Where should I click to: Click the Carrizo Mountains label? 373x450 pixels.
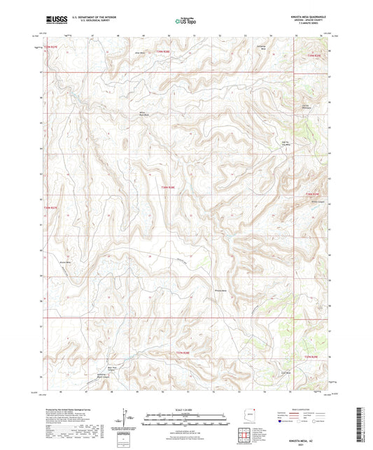point(305,106)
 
